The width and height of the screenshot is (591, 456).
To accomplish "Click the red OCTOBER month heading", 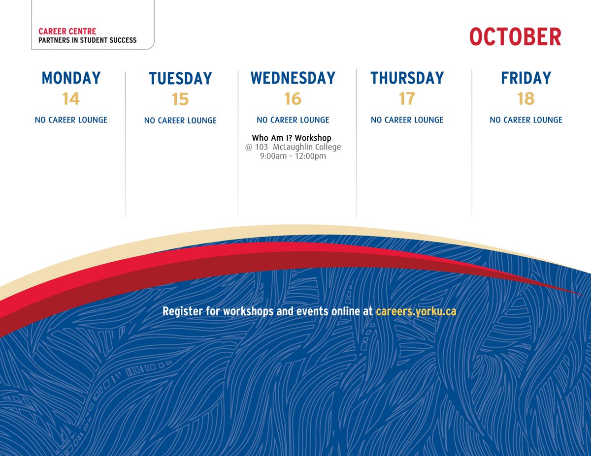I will point(515,37).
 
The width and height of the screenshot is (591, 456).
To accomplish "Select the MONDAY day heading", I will point(71,78).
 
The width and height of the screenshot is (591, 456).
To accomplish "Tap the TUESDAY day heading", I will point(180,79).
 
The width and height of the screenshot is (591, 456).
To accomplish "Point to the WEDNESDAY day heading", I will point(293,78).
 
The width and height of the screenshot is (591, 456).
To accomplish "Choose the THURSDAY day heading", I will point(407,78).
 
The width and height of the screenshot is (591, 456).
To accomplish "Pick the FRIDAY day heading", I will point(526,78).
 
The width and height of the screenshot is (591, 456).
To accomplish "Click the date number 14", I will point(71,99).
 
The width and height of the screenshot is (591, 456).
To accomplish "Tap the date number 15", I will point(180,100).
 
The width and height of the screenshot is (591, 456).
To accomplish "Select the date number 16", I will point(293,99).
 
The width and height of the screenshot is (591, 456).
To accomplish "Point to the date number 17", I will point(407,99).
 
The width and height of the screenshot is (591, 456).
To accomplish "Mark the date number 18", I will point(526,99).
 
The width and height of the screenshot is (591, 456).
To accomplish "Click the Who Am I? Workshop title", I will point(292,138).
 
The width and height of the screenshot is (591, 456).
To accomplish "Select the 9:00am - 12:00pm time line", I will point(293,156).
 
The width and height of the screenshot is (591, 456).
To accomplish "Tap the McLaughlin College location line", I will point(293,147).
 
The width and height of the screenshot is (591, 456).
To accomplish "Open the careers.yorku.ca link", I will point(416,311).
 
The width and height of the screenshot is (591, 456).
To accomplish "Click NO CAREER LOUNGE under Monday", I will point(71,120).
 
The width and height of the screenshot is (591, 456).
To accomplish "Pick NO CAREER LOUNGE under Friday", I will point(526,120).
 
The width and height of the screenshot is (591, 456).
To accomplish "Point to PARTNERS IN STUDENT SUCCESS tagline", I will point(88,40).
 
